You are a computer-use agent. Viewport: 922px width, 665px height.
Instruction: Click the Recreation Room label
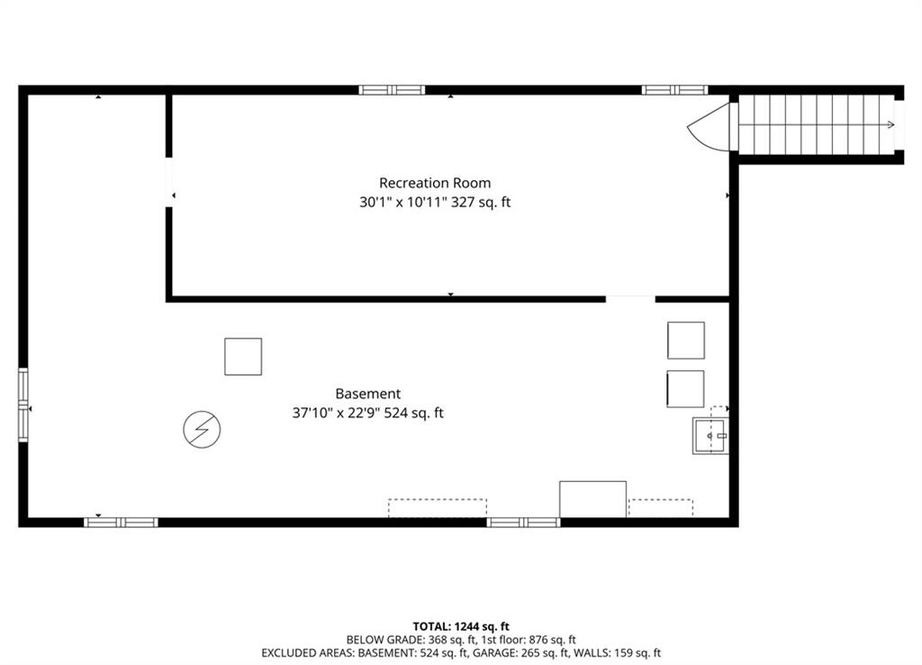click(x=435, y=183)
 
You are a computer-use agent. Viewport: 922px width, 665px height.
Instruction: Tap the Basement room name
click(x=368, y=394)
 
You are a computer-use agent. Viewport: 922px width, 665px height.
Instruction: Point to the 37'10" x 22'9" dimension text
click(x=336, y=413)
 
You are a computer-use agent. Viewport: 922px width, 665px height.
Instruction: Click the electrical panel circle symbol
click(x=202, y=430)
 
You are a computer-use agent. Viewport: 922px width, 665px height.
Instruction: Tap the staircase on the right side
click(x=817, y=124)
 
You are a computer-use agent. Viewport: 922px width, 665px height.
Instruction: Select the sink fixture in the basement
click(x=710, y=435)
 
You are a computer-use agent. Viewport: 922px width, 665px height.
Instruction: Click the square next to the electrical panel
click(x=243, y=357)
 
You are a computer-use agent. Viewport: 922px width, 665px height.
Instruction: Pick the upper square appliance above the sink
click(x=685, y=340)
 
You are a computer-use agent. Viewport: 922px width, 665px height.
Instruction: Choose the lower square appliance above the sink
click(x=685, y=388)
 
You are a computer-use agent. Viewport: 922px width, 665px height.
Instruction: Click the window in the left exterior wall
click(x=23, y=405)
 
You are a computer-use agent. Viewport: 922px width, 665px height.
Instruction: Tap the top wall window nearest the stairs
click(x=674, y=90)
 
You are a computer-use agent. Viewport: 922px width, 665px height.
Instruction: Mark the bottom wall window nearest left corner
click(x=122, y=523)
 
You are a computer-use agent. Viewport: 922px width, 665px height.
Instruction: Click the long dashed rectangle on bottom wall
click(x=438, y=508)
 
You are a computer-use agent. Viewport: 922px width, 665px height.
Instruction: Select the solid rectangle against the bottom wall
click(x=592, y=499)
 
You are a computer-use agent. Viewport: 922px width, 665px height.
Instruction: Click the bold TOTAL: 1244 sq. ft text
click(x=461, y=627)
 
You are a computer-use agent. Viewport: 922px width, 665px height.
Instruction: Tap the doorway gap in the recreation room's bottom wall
click(x=630, y=299)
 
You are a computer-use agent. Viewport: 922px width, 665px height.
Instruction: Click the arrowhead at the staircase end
click(x=891, y=124)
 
